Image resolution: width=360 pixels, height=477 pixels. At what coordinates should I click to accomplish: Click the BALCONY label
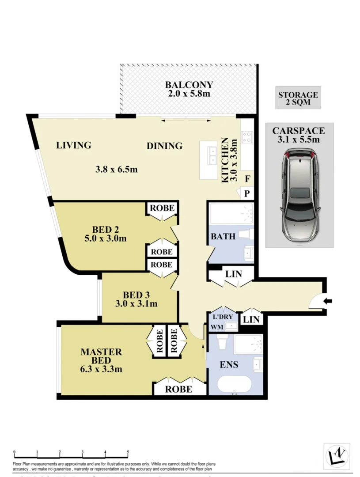[x=189, y=85]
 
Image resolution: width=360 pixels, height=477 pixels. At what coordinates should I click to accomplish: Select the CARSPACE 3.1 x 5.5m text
[x=299, y=135]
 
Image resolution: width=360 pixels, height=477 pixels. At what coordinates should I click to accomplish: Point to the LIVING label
[x=74, y=145]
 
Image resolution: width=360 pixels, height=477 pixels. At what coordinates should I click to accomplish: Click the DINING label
[x=164, y=146]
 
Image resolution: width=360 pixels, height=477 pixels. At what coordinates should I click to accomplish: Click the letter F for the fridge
[x=247, y=179]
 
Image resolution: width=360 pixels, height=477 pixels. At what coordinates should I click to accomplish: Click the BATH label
[x=223, y=236]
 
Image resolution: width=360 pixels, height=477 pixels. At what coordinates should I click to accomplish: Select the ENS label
[x=230, y=365]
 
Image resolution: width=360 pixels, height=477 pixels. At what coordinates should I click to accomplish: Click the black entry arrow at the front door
[x=328, y=301]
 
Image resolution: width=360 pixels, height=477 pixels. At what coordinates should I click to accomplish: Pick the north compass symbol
[x=337, y=455]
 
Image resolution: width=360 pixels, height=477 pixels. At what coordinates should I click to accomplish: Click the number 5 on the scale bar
[x=128, y=452]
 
